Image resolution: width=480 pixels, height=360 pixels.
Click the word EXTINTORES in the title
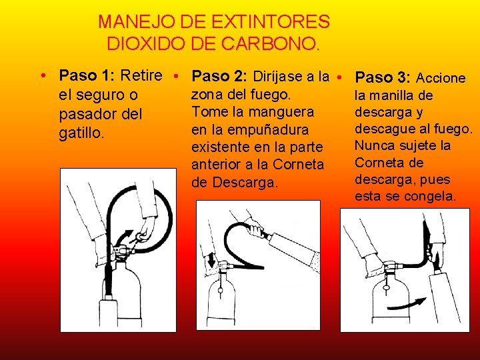pos(270,22)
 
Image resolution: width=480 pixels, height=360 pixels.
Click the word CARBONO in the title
pos(269,43)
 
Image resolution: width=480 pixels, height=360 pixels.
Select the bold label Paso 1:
pos(87,75)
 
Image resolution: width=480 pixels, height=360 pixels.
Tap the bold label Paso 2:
pos(219,76)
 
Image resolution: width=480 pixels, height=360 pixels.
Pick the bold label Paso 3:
pos(383,77)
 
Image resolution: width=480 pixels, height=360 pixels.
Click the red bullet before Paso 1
pos(43,75)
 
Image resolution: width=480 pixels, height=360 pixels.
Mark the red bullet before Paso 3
pos(339,77)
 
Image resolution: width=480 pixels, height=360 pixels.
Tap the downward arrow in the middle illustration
pos(211,259)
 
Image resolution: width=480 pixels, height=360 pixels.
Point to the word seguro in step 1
pos(98,95)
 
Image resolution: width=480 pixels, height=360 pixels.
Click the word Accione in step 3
pos(441,78)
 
